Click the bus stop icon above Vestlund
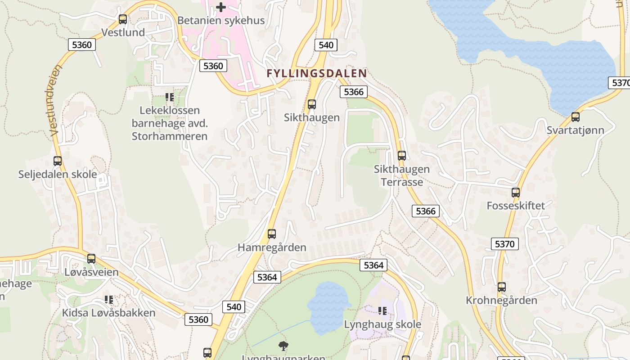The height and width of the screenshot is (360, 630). [x=123, y=19]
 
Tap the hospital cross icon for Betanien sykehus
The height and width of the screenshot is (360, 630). [x=221, y=7]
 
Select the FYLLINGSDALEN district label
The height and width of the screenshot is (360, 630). [x=316, y=73]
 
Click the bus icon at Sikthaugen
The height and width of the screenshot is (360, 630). [x=311, y=104]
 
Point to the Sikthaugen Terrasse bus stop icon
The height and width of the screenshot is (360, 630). [x=402, y=156]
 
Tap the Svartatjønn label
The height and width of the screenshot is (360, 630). [x=575, y=130]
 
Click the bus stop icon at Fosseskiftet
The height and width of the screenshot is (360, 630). [x=516, y=193]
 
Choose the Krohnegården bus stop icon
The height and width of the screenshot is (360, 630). [x=501, y=287]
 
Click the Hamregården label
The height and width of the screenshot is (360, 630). [x=272, y=247]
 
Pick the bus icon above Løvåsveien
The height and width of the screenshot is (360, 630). [x=91, y=259]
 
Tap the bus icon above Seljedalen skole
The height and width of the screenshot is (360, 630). [x=58, y=161]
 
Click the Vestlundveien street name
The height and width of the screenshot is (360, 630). [x=55, y=100]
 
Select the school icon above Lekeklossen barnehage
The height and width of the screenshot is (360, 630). [x=169, y=97]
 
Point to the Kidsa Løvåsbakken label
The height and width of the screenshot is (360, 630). [x=108, y=313]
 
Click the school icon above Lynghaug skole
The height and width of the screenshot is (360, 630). [x=382, y=310]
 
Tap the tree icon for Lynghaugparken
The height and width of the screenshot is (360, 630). [x=283, y=346]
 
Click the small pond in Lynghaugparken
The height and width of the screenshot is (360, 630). [x=328, y=306]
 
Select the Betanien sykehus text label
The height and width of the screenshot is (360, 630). [x=221, y=21]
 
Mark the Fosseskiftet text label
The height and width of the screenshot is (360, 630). [x=516, y=206]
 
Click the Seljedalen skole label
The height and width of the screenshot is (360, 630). [x=58, y=174]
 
